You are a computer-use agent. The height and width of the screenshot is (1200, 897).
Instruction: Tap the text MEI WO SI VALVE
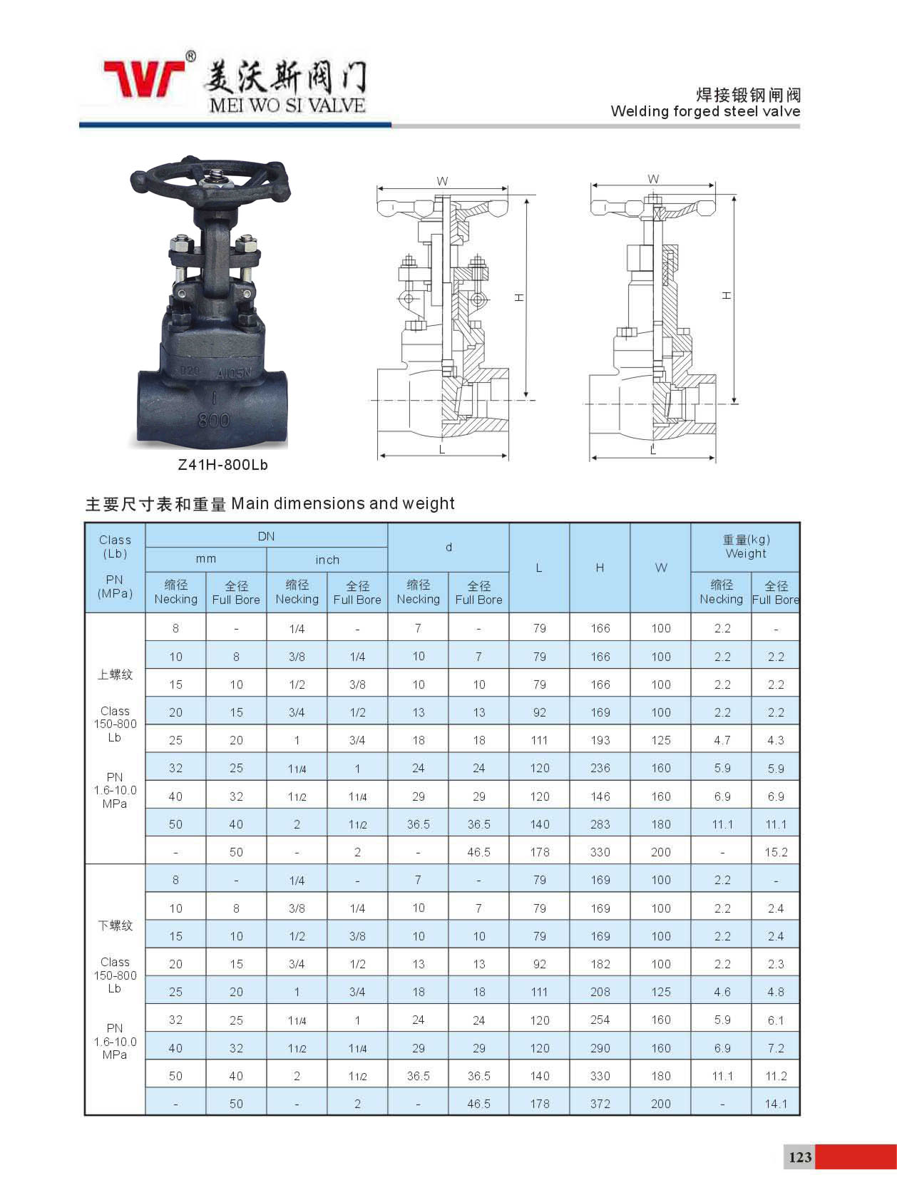[x=287, y=106]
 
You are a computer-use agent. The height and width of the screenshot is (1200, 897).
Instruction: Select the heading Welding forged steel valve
[x=705, y=111]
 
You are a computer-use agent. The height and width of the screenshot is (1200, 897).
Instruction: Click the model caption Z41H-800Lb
[x=222, y=465]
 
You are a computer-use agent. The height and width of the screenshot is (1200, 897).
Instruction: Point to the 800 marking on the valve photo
[x=213, y=420]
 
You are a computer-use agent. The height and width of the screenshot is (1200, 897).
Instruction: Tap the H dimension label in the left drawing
[x=519, y=297]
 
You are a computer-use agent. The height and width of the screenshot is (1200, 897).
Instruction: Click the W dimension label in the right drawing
[x=653, y=179]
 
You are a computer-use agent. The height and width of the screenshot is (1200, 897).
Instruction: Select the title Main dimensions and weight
[x=342, y=503]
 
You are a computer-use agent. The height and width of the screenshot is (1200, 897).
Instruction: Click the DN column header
[x=266, y=536]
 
